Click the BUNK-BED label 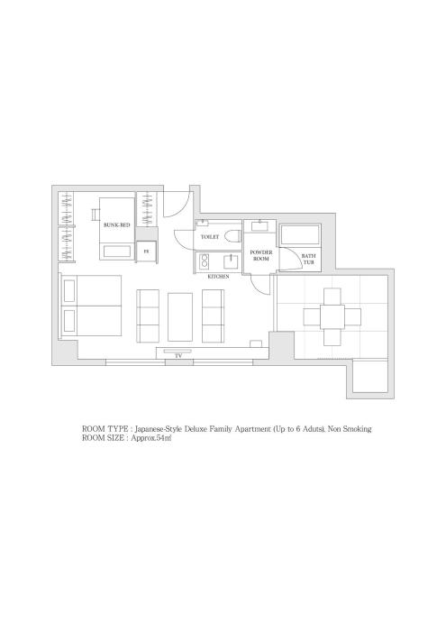point(116,225)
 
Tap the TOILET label point(210,237)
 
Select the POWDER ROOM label point(261,255)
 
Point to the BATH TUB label point(309,259)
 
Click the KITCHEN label point(218,277)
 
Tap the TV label point(177,356)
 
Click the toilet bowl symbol point(232,236)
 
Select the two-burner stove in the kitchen point(205,261)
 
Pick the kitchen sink point(231,262)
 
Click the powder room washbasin point(260,225)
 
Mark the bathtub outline point(300,235)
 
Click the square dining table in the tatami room point(332,316)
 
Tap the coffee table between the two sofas point(180,317)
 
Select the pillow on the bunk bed point(117,251)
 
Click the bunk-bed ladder point(96,215)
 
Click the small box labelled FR point(146,251)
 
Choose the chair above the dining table point(332,297)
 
